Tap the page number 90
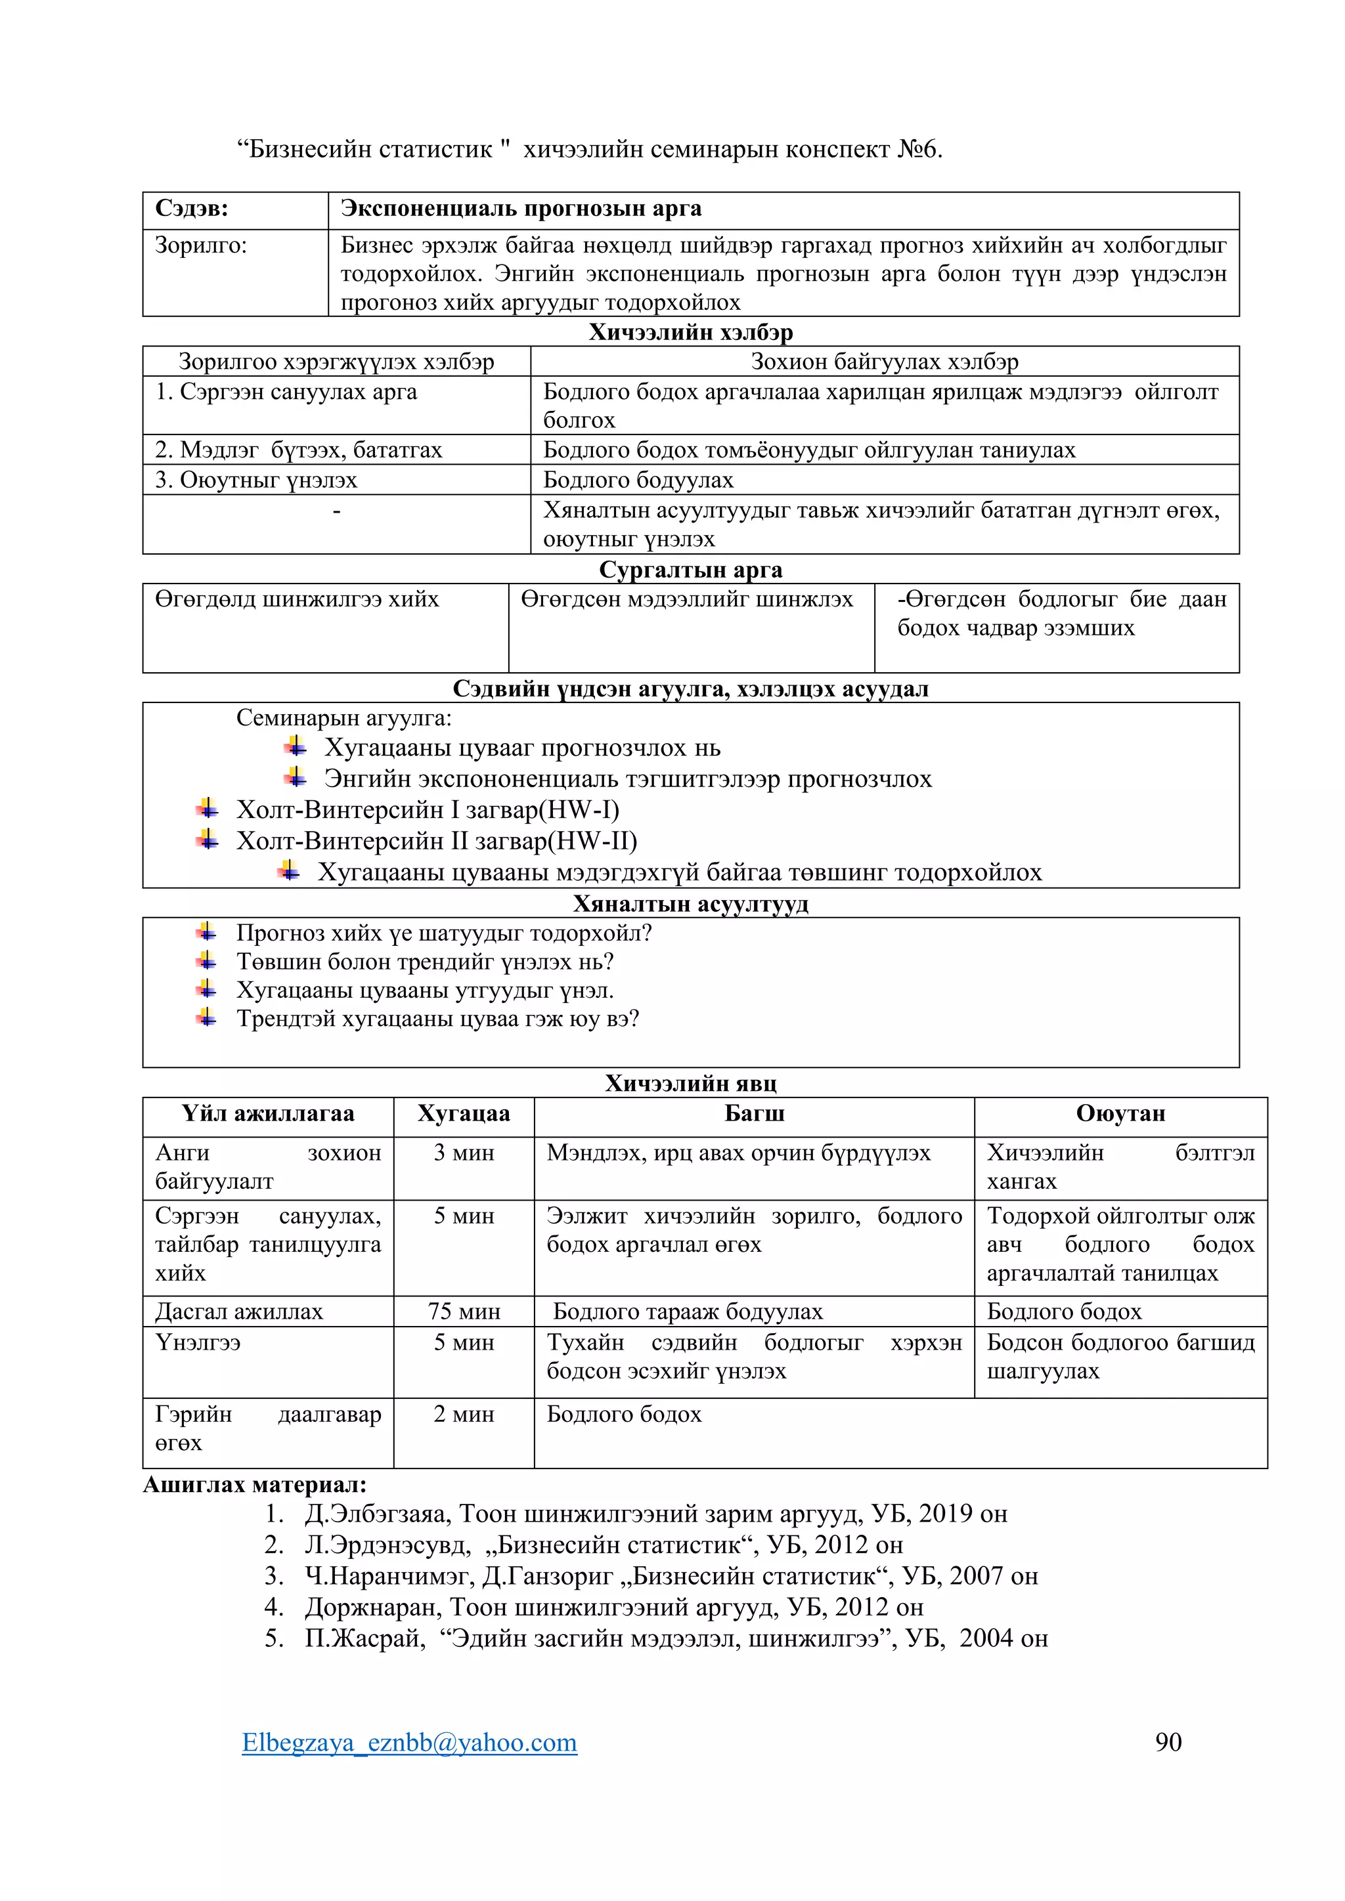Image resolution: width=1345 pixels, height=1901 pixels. (x=1168, y=1741)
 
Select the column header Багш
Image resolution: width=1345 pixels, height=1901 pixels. (x=754, y=1113)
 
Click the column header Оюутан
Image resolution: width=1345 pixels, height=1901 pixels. (x=1120, y=1113)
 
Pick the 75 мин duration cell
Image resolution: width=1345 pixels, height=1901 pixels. (x=464, y=1312)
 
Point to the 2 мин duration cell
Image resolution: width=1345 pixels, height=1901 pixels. (x=464, y=1413)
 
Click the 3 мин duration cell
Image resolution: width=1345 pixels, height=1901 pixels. (x=464, y=1153)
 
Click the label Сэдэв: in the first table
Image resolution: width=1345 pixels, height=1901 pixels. (x=191, y=209)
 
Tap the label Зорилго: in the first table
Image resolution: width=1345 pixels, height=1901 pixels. (x=200, y=246)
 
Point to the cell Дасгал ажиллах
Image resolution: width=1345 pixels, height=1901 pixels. (x=238, y=1312)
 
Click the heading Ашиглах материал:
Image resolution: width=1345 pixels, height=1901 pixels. (x=254, y=1485)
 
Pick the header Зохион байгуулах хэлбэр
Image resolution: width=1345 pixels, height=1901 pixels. (x=884, y=362)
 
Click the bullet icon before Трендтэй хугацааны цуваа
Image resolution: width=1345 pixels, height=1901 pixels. (x=207, y=1017)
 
